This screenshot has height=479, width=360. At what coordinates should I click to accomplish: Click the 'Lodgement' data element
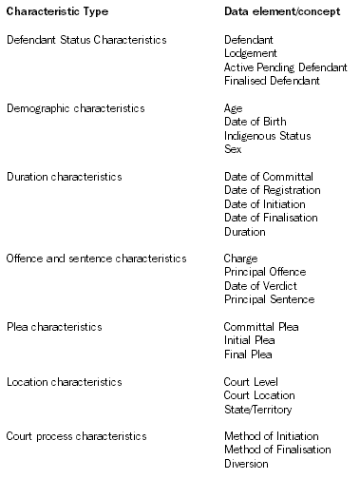coord(250,53)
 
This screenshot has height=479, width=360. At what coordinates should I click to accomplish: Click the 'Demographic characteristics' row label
coord(75,108)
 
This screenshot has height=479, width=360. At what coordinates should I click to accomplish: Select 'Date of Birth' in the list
coord(253,122)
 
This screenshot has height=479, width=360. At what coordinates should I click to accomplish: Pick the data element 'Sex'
coord(233,149)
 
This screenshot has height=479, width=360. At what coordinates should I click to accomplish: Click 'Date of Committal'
coord(268,177)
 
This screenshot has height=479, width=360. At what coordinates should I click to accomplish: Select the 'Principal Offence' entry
coord(264,273)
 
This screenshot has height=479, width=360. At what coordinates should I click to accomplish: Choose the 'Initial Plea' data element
coord(249,341)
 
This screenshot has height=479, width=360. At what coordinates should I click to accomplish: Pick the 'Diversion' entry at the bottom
coord(246,464)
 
